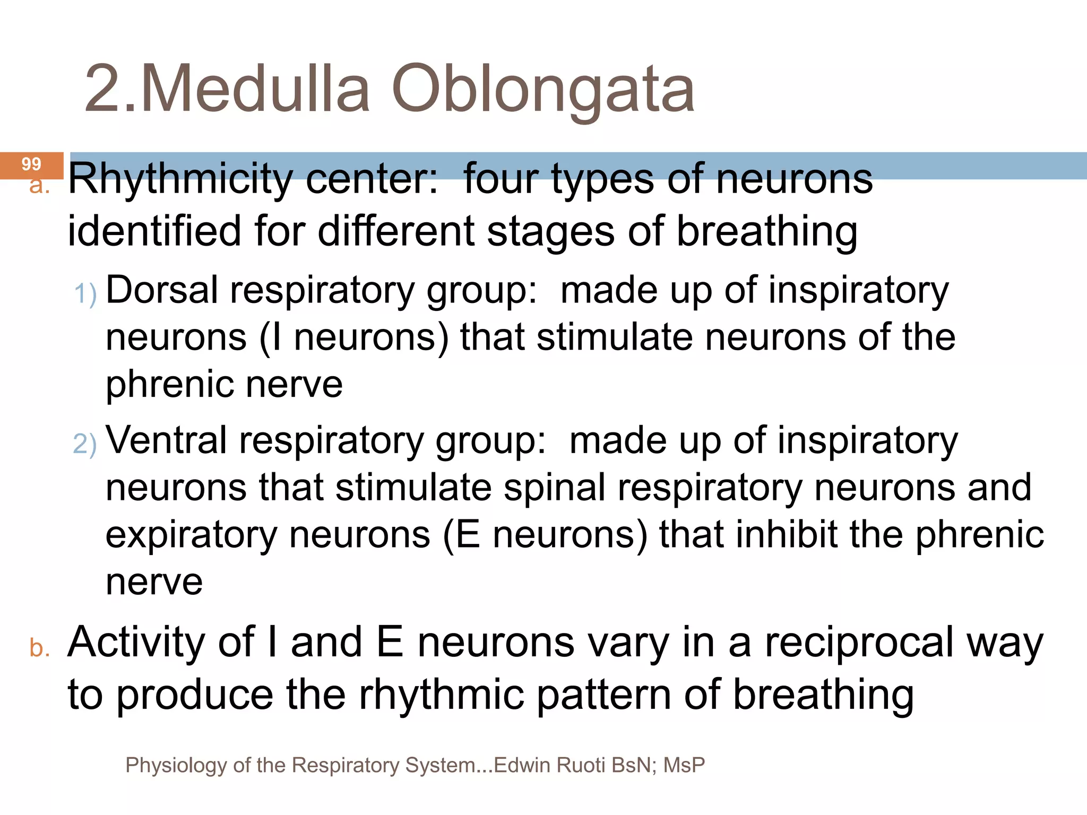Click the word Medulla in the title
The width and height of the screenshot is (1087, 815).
coord(254,89)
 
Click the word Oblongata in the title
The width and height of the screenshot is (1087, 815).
coord(542,89)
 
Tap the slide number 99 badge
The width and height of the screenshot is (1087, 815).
coord(31,164)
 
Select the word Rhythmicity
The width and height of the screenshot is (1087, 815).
coord(180,179)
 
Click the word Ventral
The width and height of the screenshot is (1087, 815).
coord(166,440)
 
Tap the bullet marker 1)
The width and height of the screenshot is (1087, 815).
coord(85,293)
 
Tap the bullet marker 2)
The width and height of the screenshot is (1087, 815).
coord(85,444)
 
